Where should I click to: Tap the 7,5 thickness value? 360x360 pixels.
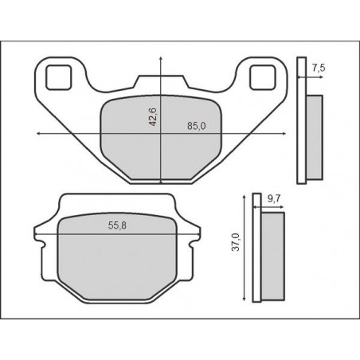[x=319, y=68]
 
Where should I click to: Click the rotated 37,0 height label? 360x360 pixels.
[x=234, y=242]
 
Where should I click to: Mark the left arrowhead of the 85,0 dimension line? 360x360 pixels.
[x=37, y=133]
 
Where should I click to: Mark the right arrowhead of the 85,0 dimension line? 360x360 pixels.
[x=284, y=133]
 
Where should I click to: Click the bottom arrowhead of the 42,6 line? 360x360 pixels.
[x=162, y=183]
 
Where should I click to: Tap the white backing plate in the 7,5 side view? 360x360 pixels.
[x=301, y=119]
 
